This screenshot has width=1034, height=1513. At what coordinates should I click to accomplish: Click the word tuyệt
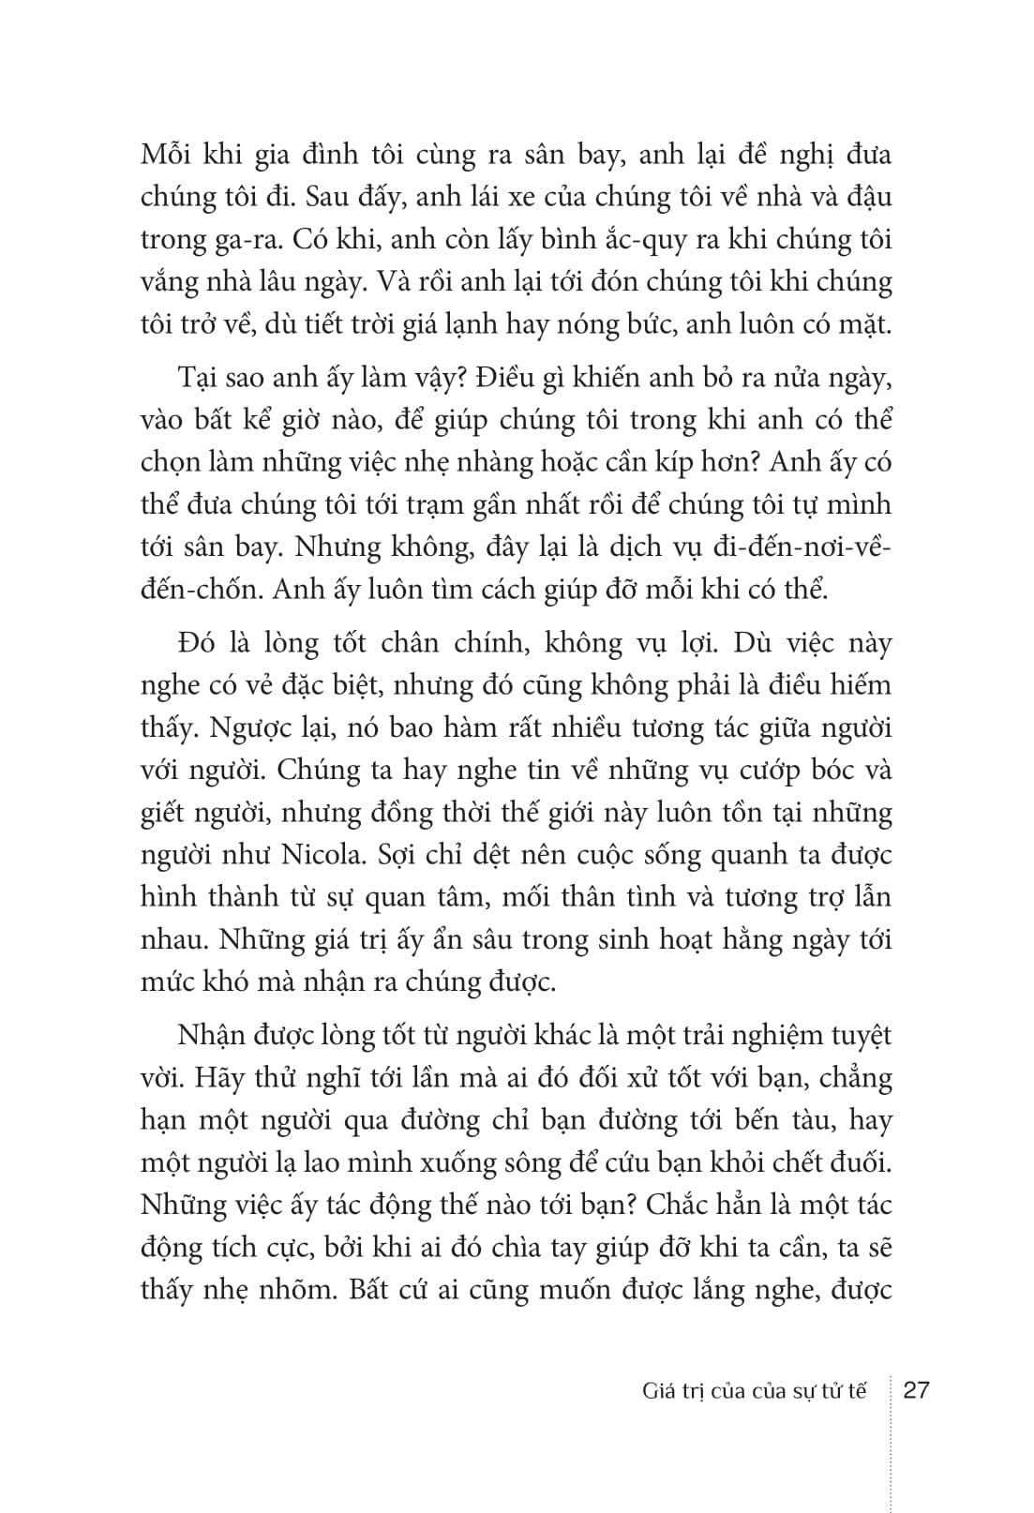(850, 1036)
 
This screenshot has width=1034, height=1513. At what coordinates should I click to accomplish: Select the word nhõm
(299, 1289)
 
